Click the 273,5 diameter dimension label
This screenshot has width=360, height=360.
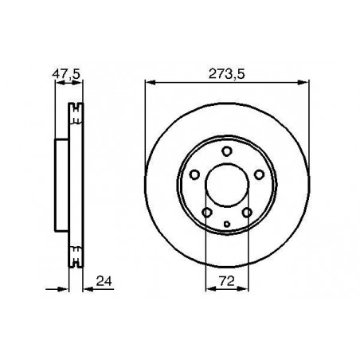tap(226, 74)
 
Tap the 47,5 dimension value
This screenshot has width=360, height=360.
tap(66, 74)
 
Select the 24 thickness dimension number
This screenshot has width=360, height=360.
tap(104, 281)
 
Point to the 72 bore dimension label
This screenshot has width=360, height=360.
tap(227, 281)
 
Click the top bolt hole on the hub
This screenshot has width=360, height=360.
tap(227, 151)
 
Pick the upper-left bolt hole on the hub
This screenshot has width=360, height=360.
tap(194, 174)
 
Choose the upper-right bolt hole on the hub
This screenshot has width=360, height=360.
tap(259, 174)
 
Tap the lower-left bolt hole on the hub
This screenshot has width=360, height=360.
tap(207, 213)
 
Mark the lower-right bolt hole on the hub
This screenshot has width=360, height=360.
tap(247, 213)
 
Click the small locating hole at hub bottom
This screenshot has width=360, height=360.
tap(227, 225)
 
